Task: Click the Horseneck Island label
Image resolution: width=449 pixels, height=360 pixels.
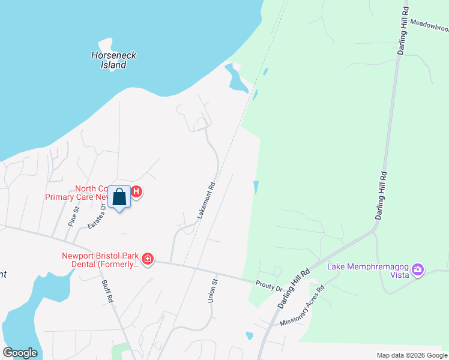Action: [x=113, y=60]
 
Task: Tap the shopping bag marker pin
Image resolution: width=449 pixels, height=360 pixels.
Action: [x=119, y=197]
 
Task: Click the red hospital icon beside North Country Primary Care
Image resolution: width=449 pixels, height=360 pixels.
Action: [x=136, y=192]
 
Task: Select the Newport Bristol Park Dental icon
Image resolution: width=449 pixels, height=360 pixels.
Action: [x=148, y=259]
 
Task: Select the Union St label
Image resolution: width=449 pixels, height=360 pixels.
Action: [x=212, y=290]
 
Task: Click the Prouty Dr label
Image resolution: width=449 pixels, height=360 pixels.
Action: [x=268, y=286]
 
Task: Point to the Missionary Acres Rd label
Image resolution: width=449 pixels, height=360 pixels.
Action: [x=302, y=306]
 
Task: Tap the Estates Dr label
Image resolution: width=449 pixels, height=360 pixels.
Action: [x=97, y=215]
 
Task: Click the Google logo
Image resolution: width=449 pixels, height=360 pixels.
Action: [x=20, y=353]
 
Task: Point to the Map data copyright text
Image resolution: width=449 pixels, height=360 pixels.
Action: [x=411, y=355]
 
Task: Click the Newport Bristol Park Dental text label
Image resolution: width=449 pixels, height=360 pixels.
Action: [x=100, y=259]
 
